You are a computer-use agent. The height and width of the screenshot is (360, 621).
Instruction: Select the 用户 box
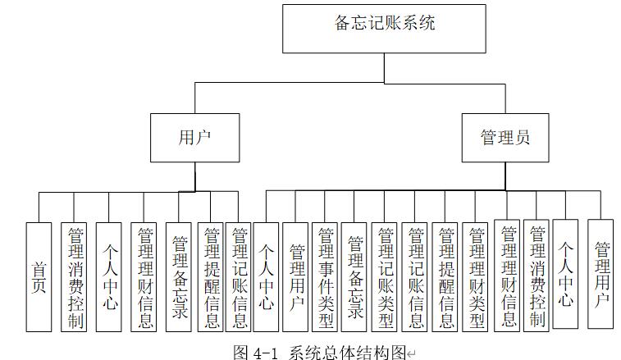click(x=194, y=136)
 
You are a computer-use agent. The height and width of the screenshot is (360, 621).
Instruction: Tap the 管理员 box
click(x=505, y=136)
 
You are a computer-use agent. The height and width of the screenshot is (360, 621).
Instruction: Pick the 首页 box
click(x=39, y=276)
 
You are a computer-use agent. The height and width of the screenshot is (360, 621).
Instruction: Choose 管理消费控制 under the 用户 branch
click(x=74, y=276)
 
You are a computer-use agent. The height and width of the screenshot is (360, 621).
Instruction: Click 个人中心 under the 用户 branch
click(x=109, y=276)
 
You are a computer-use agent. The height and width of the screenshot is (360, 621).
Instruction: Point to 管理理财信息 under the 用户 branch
click(x=144, y=276)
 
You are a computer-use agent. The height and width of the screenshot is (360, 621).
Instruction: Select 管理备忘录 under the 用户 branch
click(x=180, y=276)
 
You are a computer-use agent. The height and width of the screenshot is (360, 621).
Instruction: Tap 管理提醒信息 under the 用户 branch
click(x=210, y=276)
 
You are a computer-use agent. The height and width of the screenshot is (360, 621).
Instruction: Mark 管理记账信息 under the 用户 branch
click(x=239, y=276)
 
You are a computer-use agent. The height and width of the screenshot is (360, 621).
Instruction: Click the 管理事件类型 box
click(x=325, y=276)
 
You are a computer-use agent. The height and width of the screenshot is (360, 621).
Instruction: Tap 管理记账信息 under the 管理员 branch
click(x=416, y=276)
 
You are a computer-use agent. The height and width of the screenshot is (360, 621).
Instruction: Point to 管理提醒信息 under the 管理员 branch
click(x=446, y=276)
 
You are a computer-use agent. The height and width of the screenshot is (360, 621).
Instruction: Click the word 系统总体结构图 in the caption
click(x=348, y=352)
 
